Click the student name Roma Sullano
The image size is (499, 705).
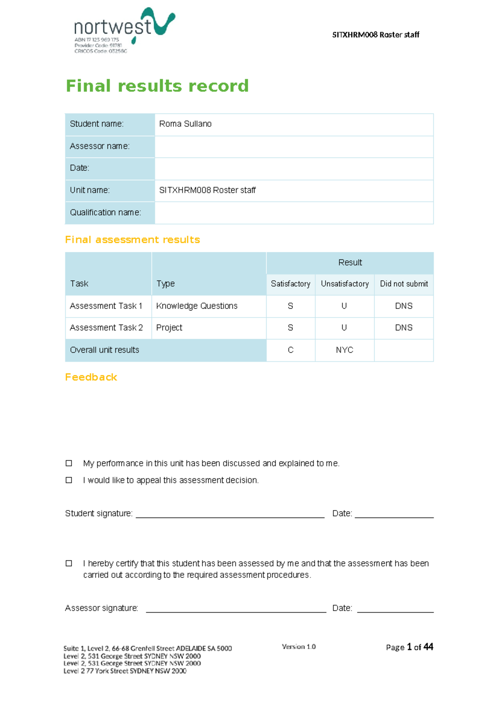pos(185,124)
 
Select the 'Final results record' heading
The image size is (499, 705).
pos(157,86)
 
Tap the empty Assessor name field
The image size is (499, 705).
pos(294,146)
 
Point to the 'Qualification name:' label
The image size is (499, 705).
pos(106,212)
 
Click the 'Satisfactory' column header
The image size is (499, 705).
pos(290,284)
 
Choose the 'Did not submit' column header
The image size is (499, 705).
pos(404,284)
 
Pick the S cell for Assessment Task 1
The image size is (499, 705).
pos(290,306)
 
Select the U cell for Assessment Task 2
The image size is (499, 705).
pos(344,328)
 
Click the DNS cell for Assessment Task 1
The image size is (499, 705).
pos(404,306)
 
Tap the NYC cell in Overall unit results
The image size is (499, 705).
pos(344,350)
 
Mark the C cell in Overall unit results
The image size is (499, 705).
pos(290,350)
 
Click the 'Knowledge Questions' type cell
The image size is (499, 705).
pos(197,306)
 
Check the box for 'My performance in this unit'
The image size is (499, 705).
pos(69,463)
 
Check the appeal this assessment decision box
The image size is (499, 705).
pos(69,480)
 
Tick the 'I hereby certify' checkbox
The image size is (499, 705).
pos(69,563)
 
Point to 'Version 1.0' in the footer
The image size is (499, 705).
pos(299,647)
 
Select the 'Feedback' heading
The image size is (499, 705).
pos(91,377)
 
